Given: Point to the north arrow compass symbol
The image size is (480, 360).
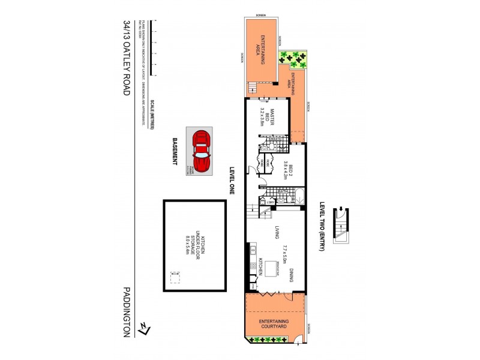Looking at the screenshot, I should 143,328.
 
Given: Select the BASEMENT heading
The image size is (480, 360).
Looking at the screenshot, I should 175,155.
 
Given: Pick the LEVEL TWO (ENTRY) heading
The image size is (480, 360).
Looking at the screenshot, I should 322,226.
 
